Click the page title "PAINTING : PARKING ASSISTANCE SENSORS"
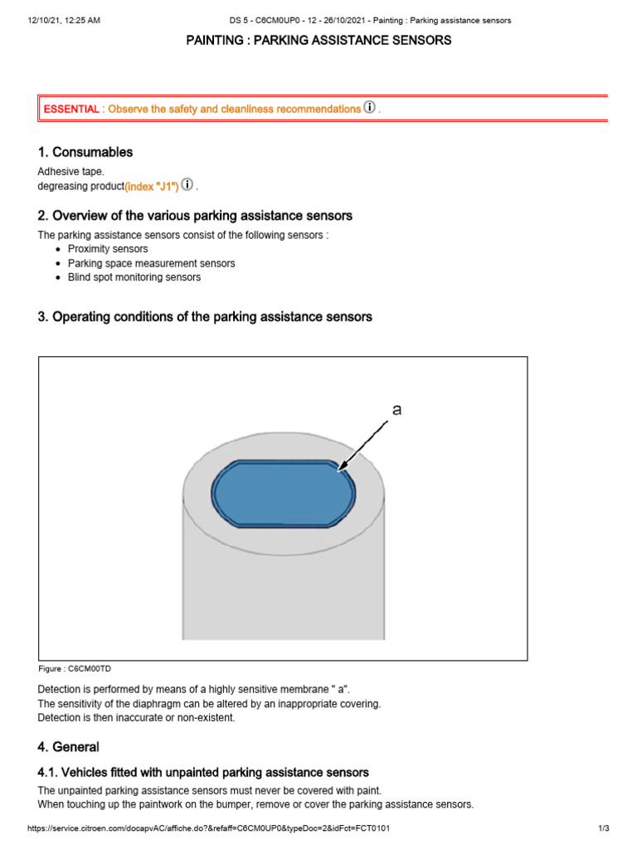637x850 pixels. [x=318, y=41]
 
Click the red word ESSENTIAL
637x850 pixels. [x=71, y=109]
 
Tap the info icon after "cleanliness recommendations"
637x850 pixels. [x=369, y=108]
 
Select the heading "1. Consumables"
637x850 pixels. [x=85, y=152]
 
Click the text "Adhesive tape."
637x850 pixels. [x=71, y=172]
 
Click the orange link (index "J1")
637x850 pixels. [x=152, y=186]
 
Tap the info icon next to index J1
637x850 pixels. [x=187, y=185]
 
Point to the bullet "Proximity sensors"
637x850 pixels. [x=108, y=249]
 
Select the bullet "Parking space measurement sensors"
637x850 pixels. [x=151, y=263]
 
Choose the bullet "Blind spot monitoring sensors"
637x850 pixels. [x=134, y=277]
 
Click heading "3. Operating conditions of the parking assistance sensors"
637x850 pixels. [x=205, y=317]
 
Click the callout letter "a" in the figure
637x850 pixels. [x=396, y=410]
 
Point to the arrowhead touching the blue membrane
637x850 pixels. [x=343, y=469]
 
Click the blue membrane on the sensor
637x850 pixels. [x=282, y=494]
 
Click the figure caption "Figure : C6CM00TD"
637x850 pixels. [x=74, y=668]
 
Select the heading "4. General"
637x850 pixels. [x=68, y=746]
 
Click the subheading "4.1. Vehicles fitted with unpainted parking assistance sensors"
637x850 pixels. [x=203, y=773]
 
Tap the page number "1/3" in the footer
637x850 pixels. [x=603, y=829]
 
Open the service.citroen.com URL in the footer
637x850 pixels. [x=208, y=829]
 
